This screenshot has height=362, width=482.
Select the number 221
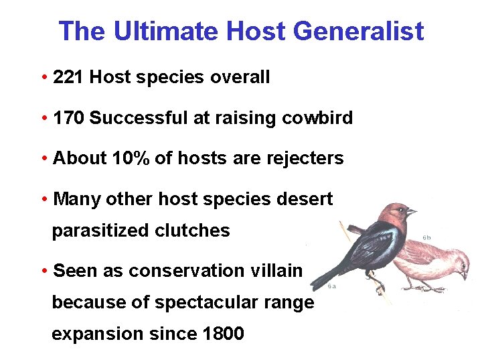68,78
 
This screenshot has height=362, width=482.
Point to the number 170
68,119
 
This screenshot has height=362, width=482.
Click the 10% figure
131,159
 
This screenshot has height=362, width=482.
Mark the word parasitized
100,231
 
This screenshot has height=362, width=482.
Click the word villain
277,271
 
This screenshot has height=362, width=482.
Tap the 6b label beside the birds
427,237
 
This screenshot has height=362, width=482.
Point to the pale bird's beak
464,276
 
